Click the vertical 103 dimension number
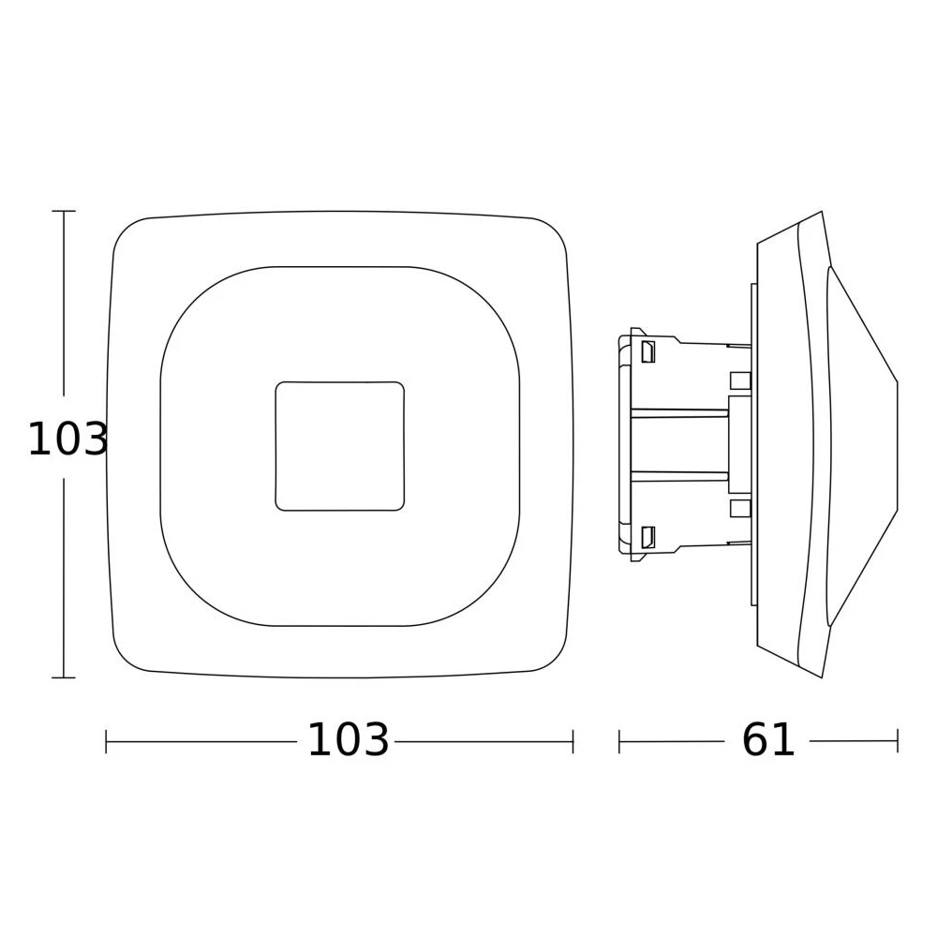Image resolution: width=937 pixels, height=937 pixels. click(67, 439)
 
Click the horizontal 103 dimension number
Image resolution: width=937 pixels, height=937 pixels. click(348, 740)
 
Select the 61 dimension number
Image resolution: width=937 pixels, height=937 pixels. click(768, 740)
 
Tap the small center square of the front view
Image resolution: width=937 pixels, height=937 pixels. click(339, 446)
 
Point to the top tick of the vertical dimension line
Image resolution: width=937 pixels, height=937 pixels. click(64, 211)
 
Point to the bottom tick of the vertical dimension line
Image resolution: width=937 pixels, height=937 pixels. click(64, 677)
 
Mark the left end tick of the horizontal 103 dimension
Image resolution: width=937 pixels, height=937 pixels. click(106, 741)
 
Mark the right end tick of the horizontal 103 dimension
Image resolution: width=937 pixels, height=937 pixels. click(573, 741)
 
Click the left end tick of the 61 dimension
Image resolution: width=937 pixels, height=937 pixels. click(619, 741)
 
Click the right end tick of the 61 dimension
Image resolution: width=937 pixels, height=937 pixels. click(898, 741)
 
